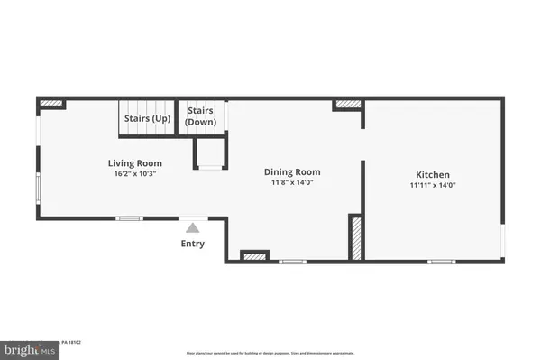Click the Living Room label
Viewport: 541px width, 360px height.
click(x=134, y=162)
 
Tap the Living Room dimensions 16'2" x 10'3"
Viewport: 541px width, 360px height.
click(x=134, y=174)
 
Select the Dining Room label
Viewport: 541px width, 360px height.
click(x=291, y=171)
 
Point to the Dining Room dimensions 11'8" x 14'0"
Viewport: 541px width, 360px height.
click(x=291, y=183)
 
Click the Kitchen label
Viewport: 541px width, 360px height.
click(x=433, y=174)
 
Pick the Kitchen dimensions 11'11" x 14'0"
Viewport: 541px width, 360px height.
click(x=433, y=186)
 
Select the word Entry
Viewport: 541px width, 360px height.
click(x=192, y=244)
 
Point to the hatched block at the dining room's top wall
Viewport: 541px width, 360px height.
click(x=347, y=106)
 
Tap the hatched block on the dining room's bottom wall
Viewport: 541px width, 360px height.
click(x=254, y=256)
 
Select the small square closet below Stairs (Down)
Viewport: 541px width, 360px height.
click(x=211, y=153)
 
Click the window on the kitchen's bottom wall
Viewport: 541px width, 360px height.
click(x=440, y=262)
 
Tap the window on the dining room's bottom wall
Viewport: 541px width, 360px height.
click(x=290, y=262)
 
